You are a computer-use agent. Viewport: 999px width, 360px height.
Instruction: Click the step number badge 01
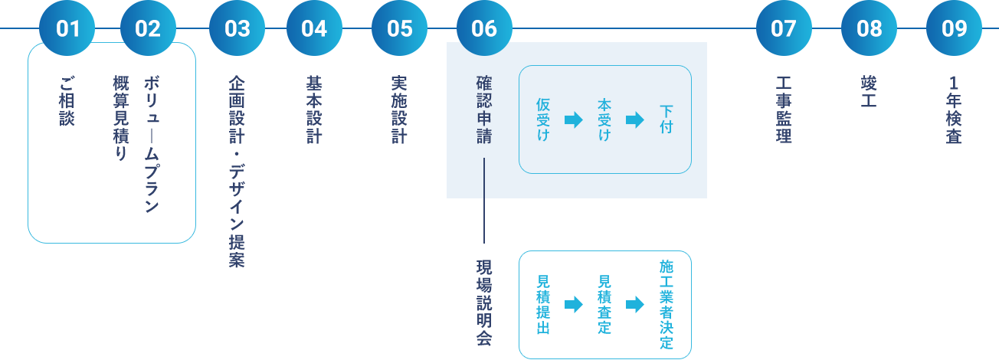[x=68, y=29]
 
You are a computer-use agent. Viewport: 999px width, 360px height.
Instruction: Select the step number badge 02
[x=148, y=29]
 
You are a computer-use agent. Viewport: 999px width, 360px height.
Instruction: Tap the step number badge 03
[x=237, y=29]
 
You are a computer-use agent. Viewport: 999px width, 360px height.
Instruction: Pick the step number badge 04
[x=314, y=29]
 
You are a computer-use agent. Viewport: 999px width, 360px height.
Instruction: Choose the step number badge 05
[x=399, y=29]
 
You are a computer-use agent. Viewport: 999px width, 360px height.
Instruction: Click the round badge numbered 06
[x=484, y=28]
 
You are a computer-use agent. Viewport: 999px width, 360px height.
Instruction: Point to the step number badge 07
[x=784, y=29]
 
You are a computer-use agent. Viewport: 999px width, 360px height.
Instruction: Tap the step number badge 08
[x=869, y=29]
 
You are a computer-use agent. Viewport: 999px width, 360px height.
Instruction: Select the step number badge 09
[x=954, y=29]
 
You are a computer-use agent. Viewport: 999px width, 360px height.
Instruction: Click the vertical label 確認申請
[x=484, y=110]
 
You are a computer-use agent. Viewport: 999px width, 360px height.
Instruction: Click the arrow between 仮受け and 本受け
[x=573, y=120]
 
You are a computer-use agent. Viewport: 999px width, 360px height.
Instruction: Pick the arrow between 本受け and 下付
[x=635, y=120]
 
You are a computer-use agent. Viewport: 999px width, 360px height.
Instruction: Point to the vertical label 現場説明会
[x=484, y=302]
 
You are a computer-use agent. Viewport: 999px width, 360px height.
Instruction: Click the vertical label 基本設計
[x=314, y=110]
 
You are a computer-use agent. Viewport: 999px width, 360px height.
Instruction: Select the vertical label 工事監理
[x=784, y=110]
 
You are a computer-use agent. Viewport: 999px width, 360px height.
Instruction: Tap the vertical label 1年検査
[x=954, y=110]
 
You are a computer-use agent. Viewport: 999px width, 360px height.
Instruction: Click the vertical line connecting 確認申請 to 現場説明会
[x=484, y=201]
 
